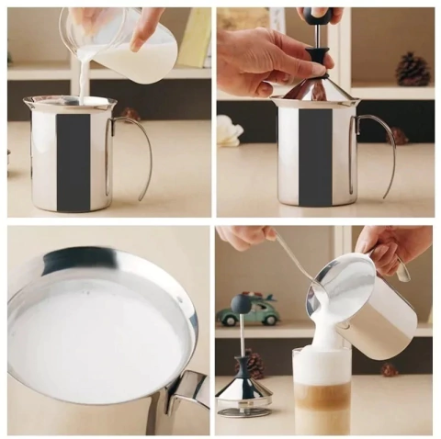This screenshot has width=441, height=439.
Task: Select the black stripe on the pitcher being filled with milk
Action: pyautogui.click(x=73, y=162)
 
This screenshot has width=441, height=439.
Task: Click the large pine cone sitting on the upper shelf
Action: pyautogui.click(x=413, y=70)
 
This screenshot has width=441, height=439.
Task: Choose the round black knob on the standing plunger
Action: pyautogui.click(x=241, y=303)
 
